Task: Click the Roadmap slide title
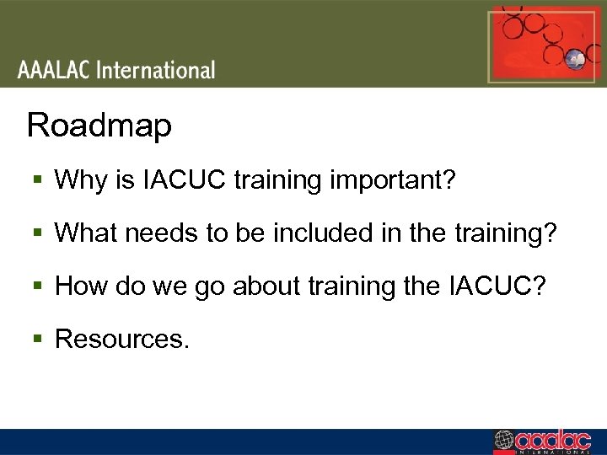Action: click(99, 126)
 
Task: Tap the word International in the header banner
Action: click(156, 70)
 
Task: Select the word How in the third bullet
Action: click(78, 286)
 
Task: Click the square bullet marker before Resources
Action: click(36, 340)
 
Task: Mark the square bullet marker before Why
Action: click(36, 181)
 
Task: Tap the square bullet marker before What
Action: click(36, 234)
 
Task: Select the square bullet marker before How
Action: click(36, 287)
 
